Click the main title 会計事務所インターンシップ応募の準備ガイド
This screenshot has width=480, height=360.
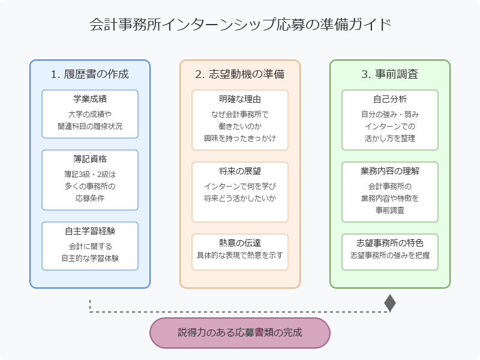tap(240, 25)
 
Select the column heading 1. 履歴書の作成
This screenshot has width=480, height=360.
tap(90, 74)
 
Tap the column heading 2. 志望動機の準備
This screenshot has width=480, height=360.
tap(240, 74)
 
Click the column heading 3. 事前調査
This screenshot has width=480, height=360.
tap(390, 74)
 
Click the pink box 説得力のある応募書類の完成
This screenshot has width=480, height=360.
tap(240, 332)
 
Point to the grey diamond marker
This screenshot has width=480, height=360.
tap(390, 304)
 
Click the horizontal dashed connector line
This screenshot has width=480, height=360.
tap(240, 312)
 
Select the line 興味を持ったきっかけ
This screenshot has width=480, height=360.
tap(240, 138)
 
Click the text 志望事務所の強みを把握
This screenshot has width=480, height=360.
tap(390, 255)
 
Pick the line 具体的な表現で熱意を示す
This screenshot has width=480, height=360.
tap(240, 255)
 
